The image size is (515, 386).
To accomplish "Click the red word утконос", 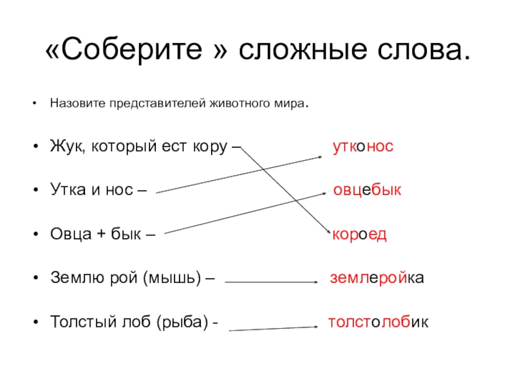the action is [362, 147].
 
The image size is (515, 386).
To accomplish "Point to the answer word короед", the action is [359, 235].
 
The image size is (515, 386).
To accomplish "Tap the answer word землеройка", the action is [377, 279].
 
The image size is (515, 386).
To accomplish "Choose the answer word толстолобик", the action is [379, 322].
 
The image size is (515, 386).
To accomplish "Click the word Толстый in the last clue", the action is [79, 322].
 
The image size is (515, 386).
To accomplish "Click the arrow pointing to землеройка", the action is [271, 282].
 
